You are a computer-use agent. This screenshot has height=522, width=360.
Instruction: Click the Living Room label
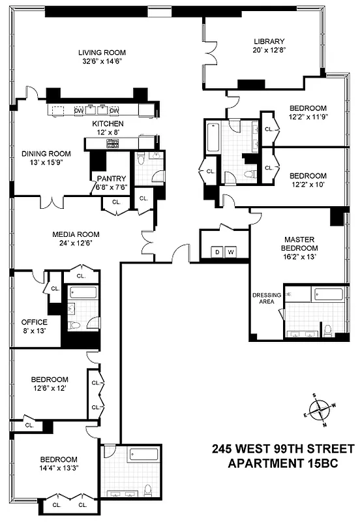coord(102,52)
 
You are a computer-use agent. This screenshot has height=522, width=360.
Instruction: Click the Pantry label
coord(106,178)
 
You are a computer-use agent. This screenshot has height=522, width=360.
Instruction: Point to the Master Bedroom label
coord(301,243)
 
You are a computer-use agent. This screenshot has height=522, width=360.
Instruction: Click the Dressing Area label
coord(266,298)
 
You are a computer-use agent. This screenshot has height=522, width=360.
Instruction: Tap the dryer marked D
coord(217,252)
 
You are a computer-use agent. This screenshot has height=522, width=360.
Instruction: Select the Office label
coord(34,322)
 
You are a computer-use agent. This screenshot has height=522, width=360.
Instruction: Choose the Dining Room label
coord(46,154)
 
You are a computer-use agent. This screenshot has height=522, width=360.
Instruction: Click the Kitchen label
coord(108,123)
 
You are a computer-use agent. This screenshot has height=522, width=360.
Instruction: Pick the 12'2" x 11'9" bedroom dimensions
coord(307,117)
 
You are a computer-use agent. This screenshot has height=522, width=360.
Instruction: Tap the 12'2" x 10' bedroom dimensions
coord(307,185)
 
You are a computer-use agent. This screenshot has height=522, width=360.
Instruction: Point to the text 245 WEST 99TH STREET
coord(283,450)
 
